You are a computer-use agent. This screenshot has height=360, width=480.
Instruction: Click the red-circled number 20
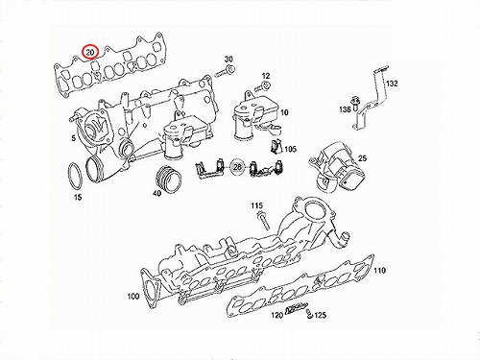tap(90, 52)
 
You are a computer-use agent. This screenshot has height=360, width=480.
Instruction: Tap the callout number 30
tap(228, 59)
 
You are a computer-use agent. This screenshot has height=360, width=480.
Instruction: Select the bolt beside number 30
tap(226, 71)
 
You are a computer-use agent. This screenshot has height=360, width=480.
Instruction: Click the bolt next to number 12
tap(263, 85)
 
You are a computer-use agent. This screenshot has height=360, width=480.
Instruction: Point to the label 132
tap(392, 84)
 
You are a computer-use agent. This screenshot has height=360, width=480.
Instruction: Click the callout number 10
tap(284, 112)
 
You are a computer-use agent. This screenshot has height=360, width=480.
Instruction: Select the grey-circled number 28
tap(237, 167)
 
